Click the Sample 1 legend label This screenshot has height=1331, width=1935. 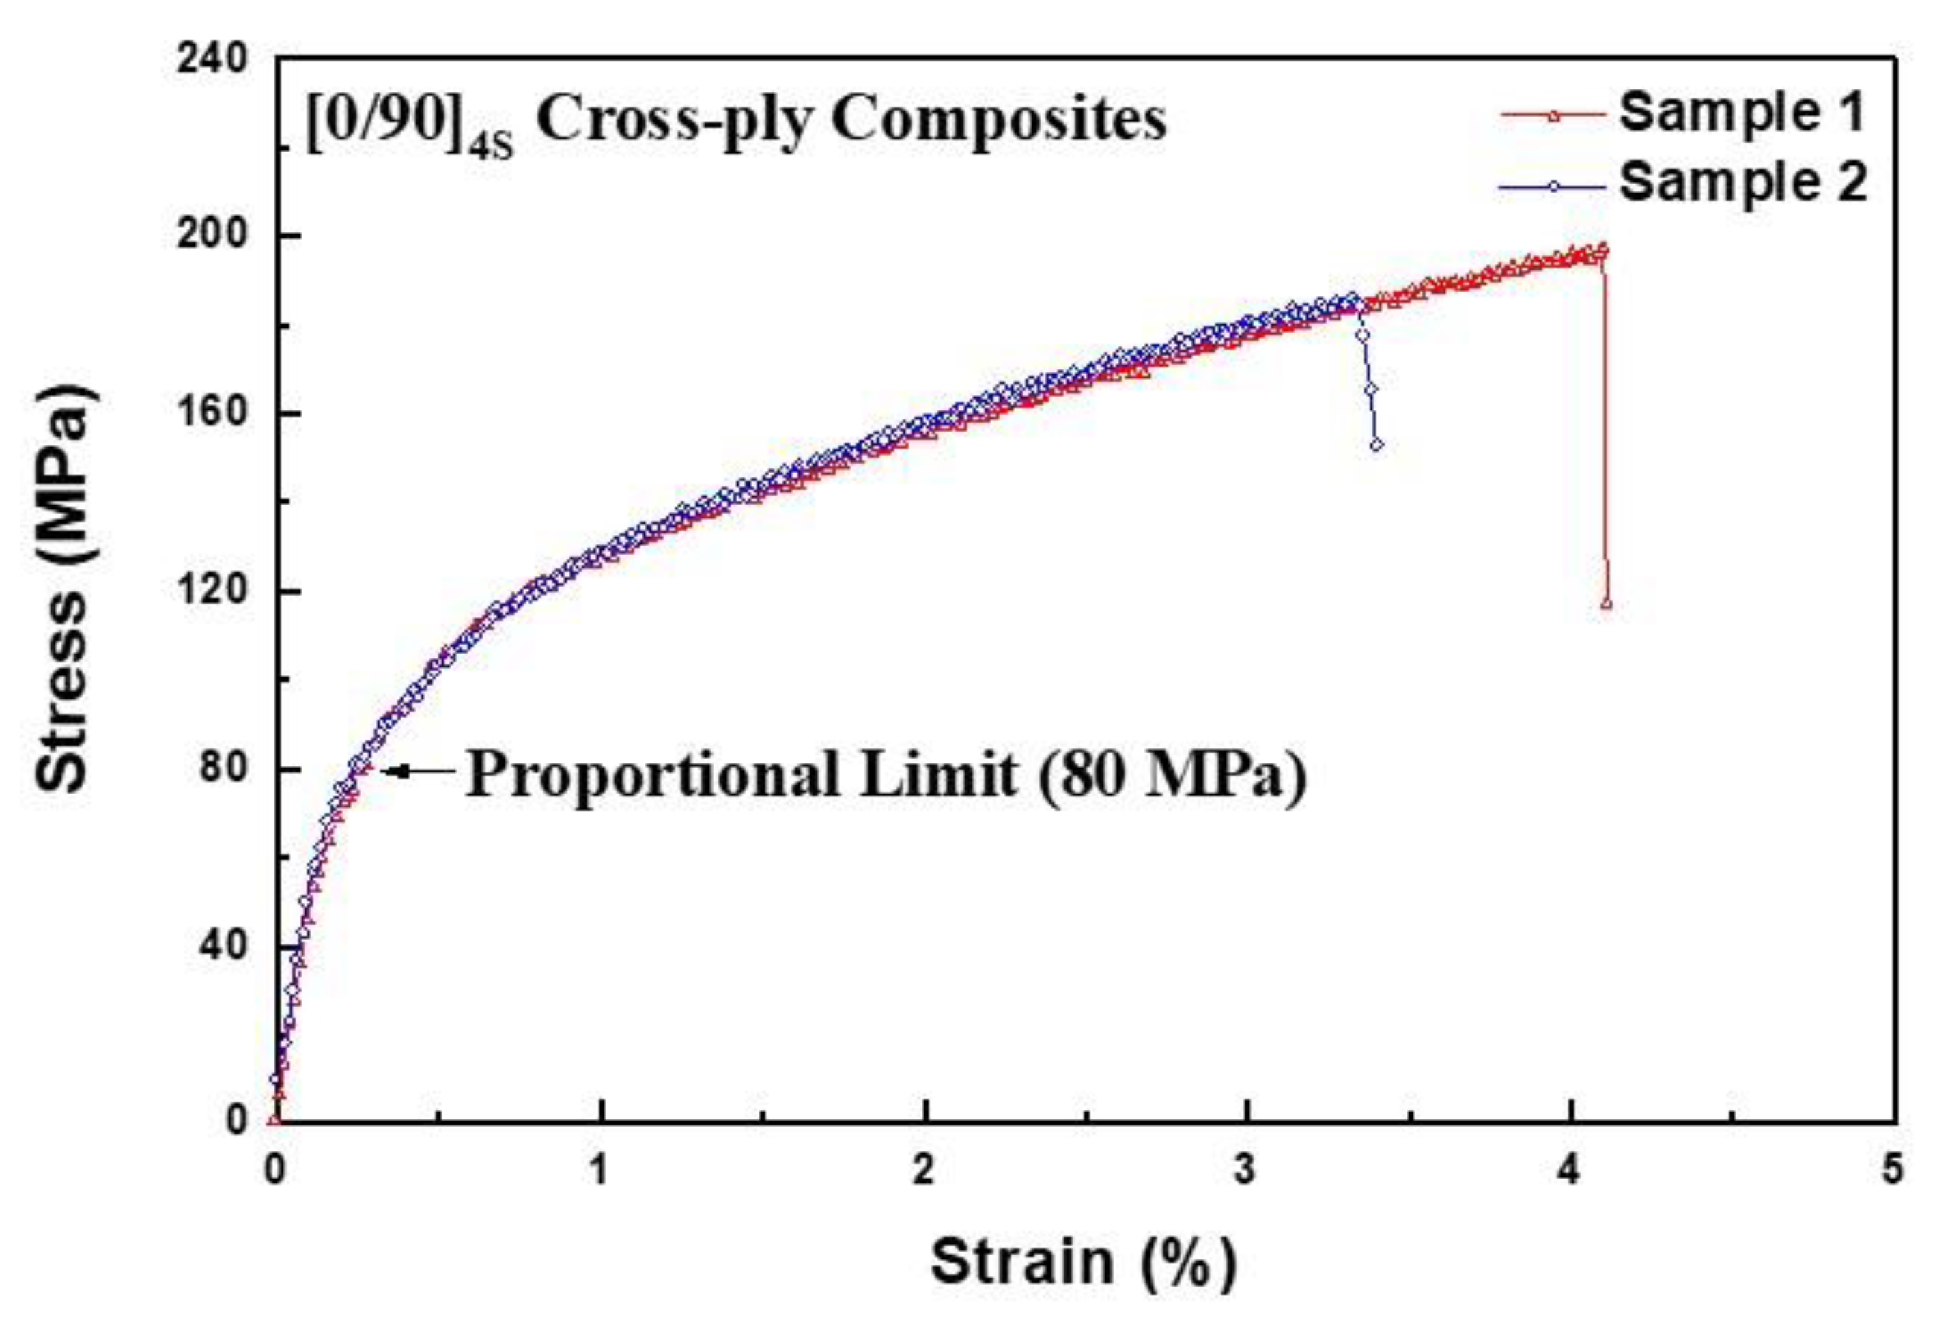point(1741,113)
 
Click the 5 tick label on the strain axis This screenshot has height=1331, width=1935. point(1893,1172)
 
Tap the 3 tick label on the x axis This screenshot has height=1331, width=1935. point(1245,1172)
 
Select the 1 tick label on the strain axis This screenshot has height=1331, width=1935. point(599,1172)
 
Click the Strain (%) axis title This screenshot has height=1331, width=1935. point(1084,1263)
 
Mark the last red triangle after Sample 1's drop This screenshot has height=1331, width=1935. point(1606,604)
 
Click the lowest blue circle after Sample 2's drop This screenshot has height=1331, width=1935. point(1376,445)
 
